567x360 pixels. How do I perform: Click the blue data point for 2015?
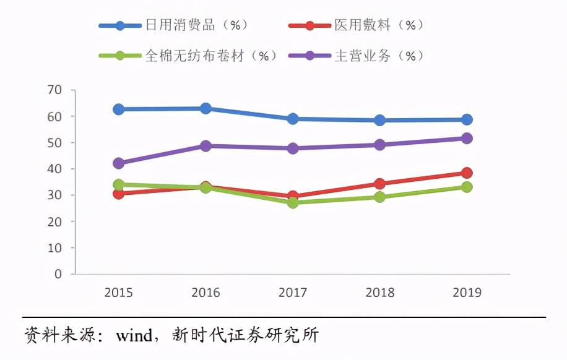click(x=118, y=109)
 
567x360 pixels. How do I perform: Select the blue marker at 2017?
click(x=293, y=119)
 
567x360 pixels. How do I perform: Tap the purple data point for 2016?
click(x=206, y=146)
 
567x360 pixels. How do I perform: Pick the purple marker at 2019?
click(x=467, y=139)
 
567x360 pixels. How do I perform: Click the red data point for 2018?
click(x=379, y=184)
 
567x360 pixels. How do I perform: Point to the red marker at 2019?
click(x=467, y=173)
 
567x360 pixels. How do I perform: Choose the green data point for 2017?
click(x=293, y=202)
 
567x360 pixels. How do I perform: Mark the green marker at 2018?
click(x=379, y=197)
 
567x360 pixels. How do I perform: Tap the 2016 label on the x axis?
click(x=206, y=293)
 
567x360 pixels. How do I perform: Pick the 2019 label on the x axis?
click(x=467, y=293)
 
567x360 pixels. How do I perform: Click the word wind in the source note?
click(x=134, y=335)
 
